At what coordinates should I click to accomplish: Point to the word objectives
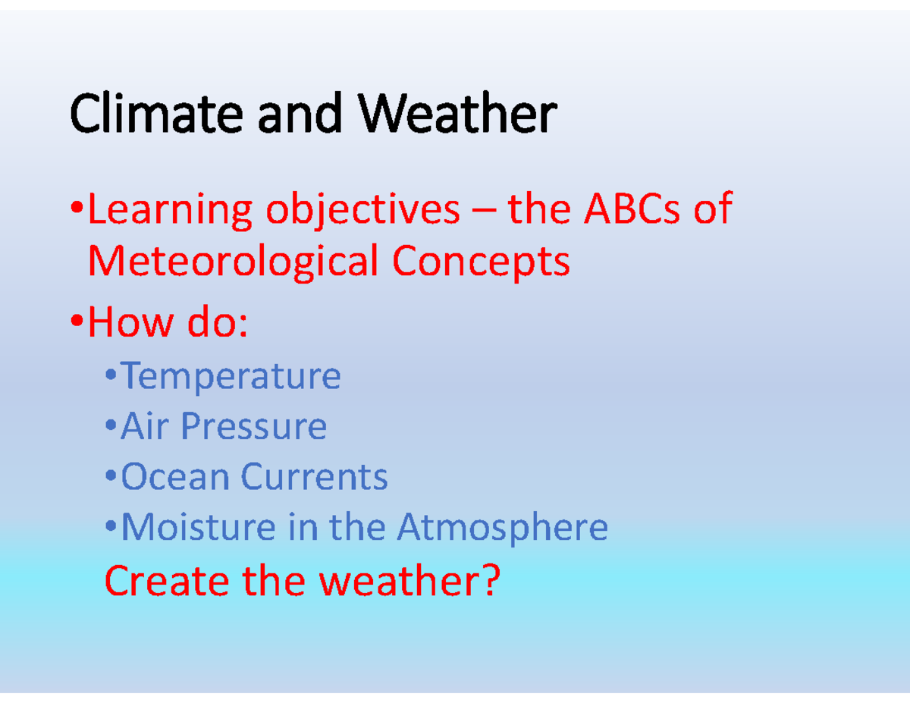(x=362, y=211)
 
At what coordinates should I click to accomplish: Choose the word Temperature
(x=231, y=376)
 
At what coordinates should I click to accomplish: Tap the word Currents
(x=314, y=477)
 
